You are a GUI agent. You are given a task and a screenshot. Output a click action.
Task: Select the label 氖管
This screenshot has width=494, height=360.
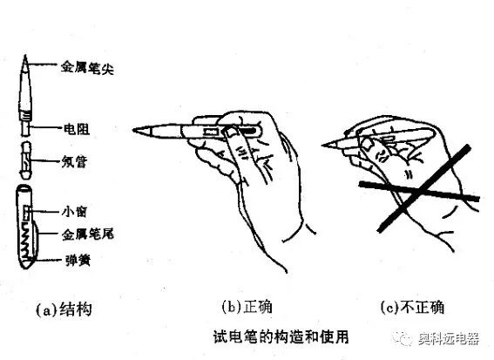pyautogui.click(x=75, y=163)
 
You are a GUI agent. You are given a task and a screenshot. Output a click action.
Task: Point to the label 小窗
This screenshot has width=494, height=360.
pyautogui.click(x=74, y=210)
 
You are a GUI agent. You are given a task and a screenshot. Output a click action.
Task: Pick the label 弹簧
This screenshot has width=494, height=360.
pyautogui.click(x=75, y=260)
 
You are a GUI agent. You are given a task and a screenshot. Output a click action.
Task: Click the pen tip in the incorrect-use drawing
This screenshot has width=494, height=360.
pyautogui.click(x=326, y=146)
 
